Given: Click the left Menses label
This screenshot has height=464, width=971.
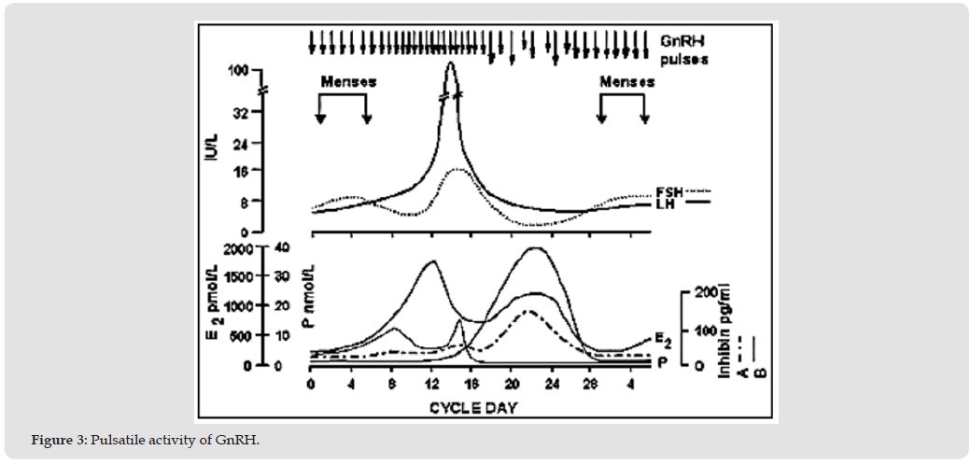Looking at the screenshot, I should coord(348,81).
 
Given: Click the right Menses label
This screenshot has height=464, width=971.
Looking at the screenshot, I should coord(626,81).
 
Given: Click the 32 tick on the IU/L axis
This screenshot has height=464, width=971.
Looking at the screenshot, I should coord(241,112).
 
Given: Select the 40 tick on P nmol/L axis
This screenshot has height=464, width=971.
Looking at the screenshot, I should coord(282,247).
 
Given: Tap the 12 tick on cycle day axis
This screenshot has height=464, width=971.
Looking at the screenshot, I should coord(431,384).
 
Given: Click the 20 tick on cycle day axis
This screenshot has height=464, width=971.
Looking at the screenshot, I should coord(512,384).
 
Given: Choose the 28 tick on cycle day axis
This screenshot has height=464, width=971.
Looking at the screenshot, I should coord(592,384).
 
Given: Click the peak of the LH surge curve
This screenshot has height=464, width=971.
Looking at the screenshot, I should coord(452,63).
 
